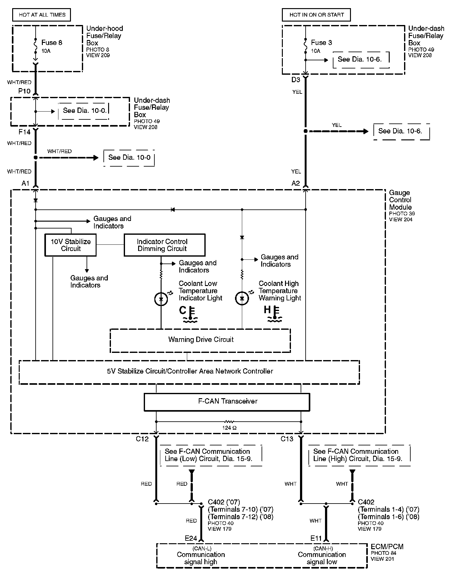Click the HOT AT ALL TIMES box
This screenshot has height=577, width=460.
(42, 15)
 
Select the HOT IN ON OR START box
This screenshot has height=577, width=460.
(316, 15)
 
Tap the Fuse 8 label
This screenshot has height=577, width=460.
(52, 43)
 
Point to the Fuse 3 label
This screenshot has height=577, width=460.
(321, 43)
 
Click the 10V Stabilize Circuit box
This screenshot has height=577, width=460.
(71, 245)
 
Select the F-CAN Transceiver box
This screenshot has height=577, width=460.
(227, 402)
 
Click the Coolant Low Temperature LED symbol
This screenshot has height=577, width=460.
(161, 299)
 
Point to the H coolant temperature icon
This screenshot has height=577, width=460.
(273, 314)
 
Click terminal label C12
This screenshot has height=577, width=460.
(142, 439)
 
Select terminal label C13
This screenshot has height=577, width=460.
(287, 439)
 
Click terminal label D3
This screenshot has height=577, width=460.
(296, 80)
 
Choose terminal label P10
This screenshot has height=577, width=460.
(24, 91)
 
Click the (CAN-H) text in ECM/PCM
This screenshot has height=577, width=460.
(322, 549)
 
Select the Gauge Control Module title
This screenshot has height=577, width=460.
(400, 200)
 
